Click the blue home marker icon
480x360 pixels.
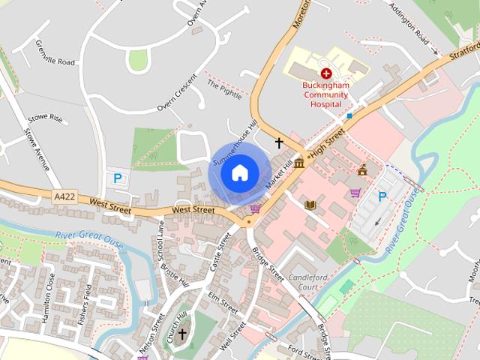239,173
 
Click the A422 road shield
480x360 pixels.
65,196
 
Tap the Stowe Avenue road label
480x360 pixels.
42,150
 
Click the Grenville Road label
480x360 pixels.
55,53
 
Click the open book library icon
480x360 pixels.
310,204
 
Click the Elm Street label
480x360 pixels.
222,303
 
